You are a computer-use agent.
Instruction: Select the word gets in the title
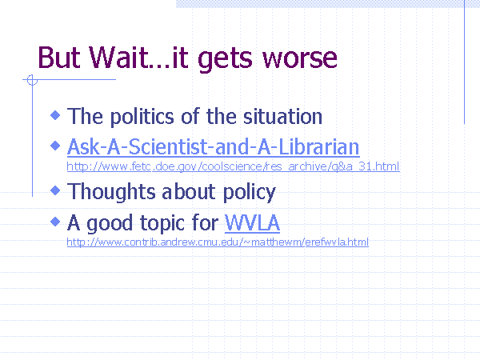click(x=225, y=60)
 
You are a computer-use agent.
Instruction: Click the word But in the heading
click(x=59, y=58)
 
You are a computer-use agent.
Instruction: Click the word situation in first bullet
click(x=282, y=116)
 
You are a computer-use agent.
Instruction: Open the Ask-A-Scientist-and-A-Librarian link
click(x=213, y=147)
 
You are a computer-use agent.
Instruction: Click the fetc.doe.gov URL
click(x=234, y=166)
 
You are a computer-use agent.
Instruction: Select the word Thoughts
click(x=111, y=192)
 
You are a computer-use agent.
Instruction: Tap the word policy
click(x=250, y=193)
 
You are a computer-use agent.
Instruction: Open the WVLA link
click(x=252, y=222)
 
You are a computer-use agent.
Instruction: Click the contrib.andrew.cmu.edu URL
click(x=218, y=242)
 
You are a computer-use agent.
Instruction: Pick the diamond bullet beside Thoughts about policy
click(x=55, y=190)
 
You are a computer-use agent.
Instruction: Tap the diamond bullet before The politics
click(x=55, y=115)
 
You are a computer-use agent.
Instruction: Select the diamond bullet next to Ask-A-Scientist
click(x=55, y=146)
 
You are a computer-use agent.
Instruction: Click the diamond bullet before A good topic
click(x=55, y=221)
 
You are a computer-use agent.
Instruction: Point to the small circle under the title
click(x=32, y=80)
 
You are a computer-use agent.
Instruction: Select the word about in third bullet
click(x=189, y=192)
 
